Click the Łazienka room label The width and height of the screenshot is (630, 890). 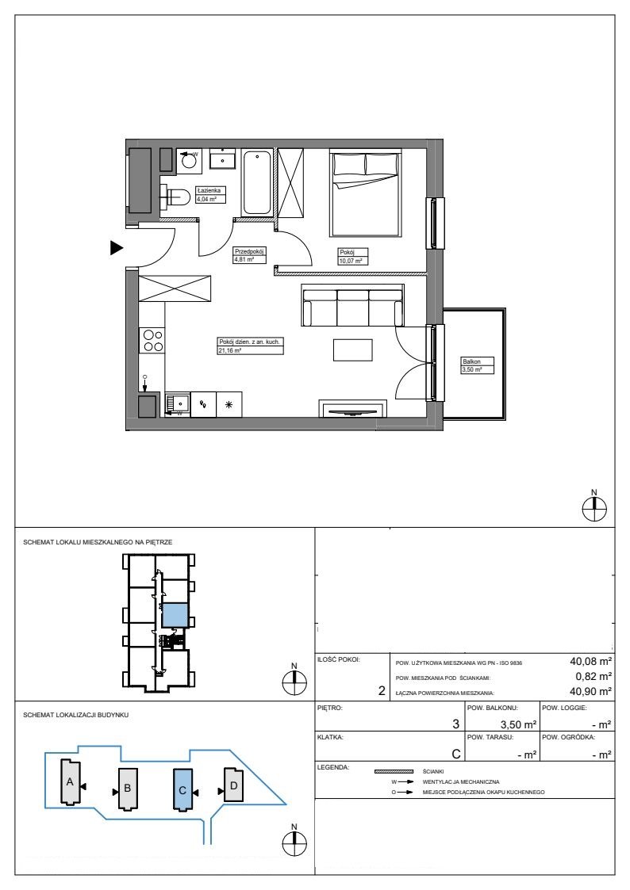(209, 191)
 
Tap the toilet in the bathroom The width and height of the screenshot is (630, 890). (175, 197)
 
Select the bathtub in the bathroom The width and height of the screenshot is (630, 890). (256, 182)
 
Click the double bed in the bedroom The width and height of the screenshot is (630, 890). (365, 193)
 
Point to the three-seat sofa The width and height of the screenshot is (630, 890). (353, 305)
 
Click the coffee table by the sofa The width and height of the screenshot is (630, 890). (353, 349)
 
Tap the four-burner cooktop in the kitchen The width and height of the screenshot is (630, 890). (152, 341)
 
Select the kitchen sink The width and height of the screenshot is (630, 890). (178, 403)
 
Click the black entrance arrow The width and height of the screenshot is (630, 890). (117, 247)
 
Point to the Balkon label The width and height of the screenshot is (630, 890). (471, 361)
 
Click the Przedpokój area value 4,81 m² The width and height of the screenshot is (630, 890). (243, 259)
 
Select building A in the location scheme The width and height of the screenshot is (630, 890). (71, 782)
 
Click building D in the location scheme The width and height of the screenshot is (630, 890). (233, 785)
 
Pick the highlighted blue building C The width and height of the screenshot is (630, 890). (182, 789)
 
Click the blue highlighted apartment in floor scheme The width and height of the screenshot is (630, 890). (175, 615)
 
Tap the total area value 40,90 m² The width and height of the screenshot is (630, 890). (591, 691)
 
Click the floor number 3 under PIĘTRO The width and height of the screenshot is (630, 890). (455, 724)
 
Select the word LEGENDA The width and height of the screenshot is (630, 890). (333, 767)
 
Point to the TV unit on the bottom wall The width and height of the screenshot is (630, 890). (353, 409)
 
